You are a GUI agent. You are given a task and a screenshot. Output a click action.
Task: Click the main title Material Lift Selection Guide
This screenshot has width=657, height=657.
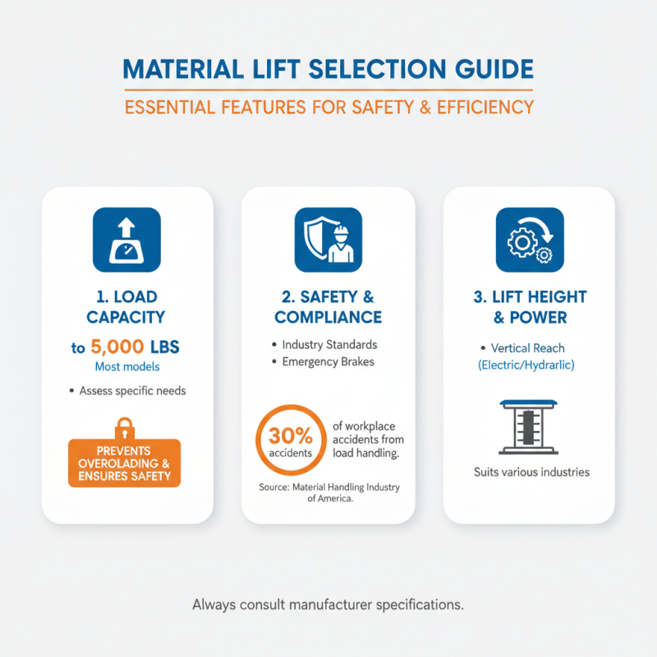(328, 69)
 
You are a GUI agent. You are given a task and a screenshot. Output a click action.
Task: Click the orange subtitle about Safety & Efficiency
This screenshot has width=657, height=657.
(328, 107)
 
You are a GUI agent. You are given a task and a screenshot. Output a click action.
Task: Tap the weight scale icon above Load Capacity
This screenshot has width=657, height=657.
(127, 239)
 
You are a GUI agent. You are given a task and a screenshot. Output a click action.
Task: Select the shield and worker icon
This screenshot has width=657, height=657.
(328, 239)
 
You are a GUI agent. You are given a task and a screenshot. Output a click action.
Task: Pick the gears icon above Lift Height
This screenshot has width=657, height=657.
(529, 239)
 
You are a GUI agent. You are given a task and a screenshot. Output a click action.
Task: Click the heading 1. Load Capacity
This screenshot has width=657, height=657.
(127, 306)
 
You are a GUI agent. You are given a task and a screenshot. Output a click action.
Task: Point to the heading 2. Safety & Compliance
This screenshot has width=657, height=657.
(328, 306)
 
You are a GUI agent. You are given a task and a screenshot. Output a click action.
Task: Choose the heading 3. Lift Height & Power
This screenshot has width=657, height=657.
(529, 306)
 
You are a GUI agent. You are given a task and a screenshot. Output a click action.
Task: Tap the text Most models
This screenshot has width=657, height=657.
(127, 367)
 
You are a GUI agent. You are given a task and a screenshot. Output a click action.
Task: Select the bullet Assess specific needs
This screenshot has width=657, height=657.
(131, 391)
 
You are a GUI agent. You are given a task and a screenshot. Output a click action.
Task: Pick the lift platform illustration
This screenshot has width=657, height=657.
(529, 427)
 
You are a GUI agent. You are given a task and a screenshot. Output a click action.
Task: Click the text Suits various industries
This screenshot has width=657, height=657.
(531, 472)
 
